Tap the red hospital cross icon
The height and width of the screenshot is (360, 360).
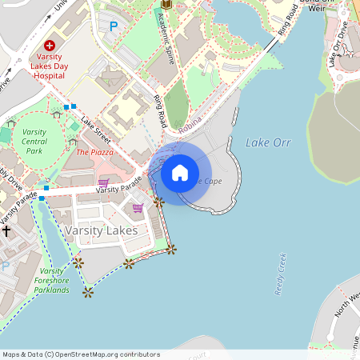50,46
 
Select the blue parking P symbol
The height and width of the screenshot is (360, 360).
113,26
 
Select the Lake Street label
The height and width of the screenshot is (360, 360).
97,129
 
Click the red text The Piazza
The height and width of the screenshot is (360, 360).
94,151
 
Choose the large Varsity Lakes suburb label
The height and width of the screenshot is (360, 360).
101,230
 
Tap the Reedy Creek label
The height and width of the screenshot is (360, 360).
282,274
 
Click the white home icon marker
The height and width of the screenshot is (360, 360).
180,173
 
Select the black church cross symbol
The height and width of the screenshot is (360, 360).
6,230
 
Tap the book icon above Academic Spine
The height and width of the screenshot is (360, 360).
166,4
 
